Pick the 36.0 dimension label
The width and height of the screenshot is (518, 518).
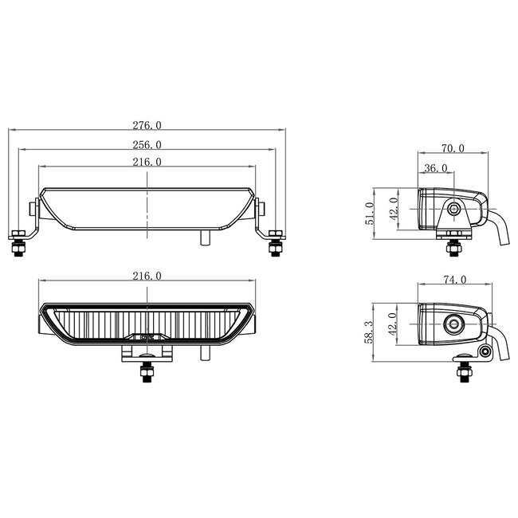435,168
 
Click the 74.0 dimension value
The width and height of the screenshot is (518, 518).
452,280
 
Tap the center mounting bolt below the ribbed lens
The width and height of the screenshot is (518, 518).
147,372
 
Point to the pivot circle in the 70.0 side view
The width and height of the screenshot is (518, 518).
454,209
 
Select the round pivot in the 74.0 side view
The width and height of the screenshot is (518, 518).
455,323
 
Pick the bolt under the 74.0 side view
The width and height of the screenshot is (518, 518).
461,371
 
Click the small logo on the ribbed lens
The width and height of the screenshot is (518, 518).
147,336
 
